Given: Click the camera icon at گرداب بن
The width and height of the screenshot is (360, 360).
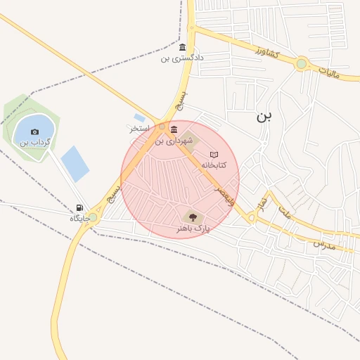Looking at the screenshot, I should coord(35,131).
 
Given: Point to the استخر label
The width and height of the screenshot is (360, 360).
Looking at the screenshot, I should coord(139,129).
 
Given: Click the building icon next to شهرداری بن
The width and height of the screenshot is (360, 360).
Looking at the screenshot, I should coord(174,129).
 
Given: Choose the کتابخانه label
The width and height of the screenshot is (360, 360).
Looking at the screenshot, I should coord(215,165).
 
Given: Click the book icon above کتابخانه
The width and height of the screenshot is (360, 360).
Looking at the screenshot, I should coord(215,154).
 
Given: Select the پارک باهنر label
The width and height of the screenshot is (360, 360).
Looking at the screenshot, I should coord(193,229).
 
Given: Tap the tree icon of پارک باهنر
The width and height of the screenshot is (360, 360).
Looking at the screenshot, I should coord(193,217).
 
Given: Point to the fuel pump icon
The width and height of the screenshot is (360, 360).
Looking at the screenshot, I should coord(79,207).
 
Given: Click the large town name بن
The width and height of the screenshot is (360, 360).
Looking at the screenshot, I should coord(264,117).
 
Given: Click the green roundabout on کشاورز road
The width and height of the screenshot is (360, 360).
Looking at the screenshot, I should coord(302,64).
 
